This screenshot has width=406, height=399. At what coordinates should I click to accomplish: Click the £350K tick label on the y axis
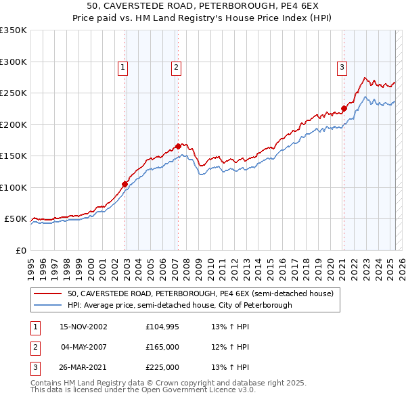13,30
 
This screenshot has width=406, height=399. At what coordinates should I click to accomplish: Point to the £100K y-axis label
13,187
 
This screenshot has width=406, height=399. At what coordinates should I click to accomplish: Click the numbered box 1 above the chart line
122,67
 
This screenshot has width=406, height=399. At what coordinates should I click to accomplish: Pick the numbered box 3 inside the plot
342,67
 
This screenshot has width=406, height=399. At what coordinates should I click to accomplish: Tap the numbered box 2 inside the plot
175,67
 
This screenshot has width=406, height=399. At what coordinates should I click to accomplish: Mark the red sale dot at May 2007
178,146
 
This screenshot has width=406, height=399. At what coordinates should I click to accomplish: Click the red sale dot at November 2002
125,184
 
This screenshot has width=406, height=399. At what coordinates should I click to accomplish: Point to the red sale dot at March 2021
344,108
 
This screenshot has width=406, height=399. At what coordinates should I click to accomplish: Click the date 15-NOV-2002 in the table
84,327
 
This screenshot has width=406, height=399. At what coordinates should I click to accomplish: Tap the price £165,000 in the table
162,347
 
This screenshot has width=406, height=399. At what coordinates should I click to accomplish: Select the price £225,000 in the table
162,367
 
